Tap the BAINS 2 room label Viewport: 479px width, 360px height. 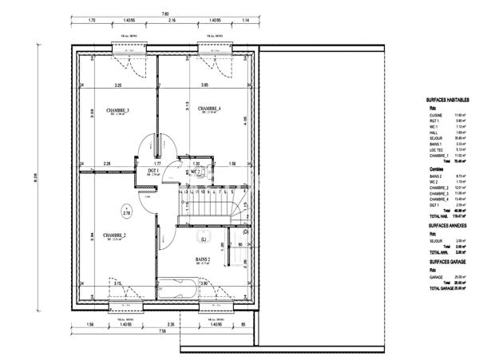(x=203, y=259)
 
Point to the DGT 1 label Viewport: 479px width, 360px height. (x=154, y=171)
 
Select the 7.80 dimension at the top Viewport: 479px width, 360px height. (x=165, y=14)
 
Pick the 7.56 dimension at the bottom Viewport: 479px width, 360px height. (x=162, y=330)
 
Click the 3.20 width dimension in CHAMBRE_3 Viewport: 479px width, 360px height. (x=117, y=85)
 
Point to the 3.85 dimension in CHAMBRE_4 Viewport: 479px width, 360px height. (x=204, y=85)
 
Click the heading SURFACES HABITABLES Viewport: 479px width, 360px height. (x=453, y=100)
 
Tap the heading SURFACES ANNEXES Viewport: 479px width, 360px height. (x=449, y=227)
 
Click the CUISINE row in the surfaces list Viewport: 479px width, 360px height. (x=438, y=115)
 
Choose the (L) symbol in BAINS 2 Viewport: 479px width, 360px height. (x=204, y=239)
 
